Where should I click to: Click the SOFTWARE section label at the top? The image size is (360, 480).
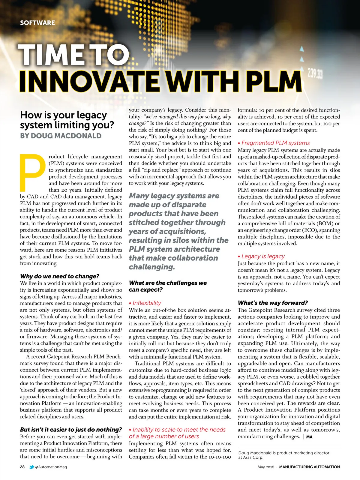click(x=37, y=23)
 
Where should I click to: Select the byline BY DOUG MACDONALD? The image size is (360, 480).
click(x=61, y=136)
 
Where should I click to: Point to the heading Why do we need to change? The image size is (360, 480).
click(x=59, y=276)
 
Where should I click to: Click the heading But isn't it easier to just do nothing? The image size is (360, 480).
click(x=71, y=430)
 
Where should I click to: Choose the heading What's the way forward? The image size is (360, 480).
click(x=273, y=303)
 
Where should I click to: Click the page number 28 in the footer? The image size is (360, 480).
click(x=22, y=467)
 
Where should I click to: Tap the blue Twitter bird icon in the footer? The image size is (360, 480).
click(x=31, y=467)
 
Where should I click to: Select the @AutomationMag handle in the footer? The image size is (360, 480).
click(x=51, y=467)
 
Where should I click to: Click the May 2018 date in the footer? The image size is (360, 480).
click(x=265, y=467)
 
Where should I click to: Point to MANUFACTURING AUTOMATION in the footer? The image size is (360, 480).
click(x=309, y=467)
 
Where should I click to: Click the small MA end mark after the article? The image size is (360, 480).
click(x=309, y=437)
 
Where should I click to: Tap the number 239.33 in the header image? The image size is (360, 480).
click(x=315, y=73)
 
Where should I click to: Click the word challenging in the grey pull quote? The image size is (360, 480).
click(x=151, y=267)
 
